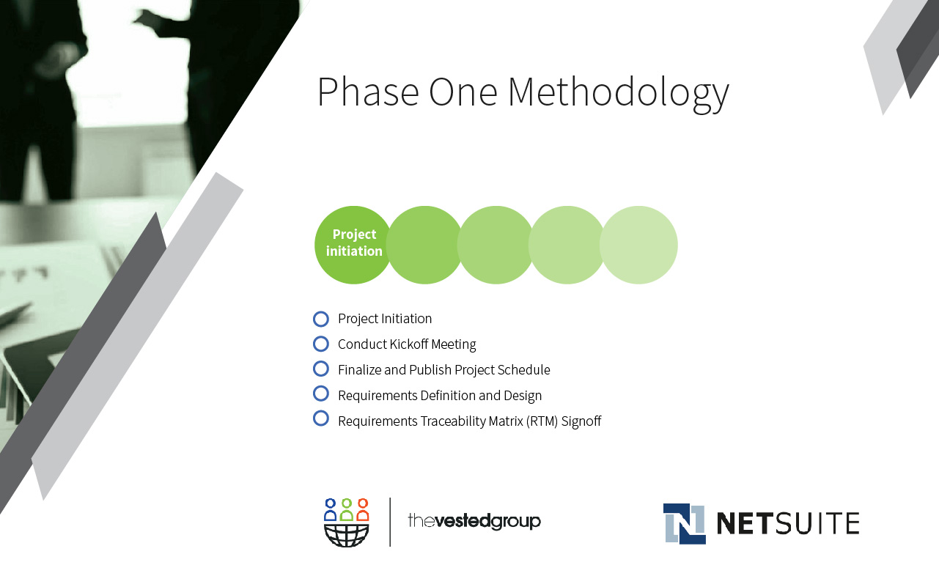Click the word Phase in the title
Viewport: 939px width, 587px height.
coord(368,92)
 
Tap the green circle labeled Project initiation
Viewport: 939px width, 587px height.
coord(353,245)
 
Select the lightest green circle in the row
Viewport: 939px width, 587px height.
coord(638,245)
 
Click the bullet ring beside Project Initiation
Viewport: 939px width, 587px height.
coord(321,312)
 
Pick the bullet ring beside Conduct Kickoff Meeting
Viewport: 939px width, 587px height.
coord(321,337)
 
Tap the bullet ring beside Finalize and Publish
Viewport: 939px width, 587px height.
coord(321,362)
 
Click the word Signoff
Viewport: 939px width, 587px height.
coord(581,421)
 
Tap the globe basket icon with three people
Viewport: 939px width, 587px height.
coord(346,523)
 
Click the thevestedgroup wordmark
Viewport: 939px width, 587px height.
coord(474,521)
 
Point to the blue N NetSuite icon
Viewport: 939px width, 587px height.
coord(684,524)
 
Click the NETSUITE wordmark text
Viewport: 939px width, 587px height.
coord(788,523)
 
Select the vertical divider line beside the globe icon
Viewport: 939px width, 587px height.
coord(390,522)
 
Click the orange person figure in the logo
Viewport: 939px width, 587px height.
coord(363,509)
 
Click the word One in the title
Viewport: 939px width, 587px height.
coord(463,92)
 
